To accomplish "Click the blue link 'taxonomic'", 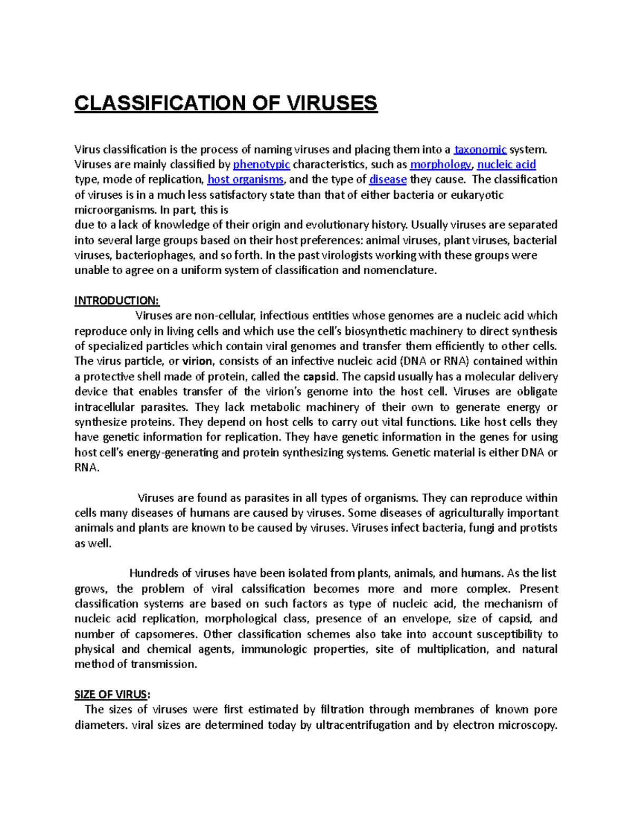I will (481, 150).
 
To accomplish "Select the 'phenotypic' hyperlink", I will (262, 165).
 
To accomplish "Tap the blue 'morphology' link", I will (440, 165).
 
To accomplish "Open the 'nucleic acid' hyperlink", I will (506, 165).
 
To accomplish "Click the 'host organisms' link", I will (245, 180).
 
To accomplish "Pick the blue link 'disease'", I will (388, 180).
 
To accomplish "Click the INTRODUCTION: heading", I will (117, 301).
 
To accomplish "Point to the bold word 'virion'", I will (197, 362).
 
